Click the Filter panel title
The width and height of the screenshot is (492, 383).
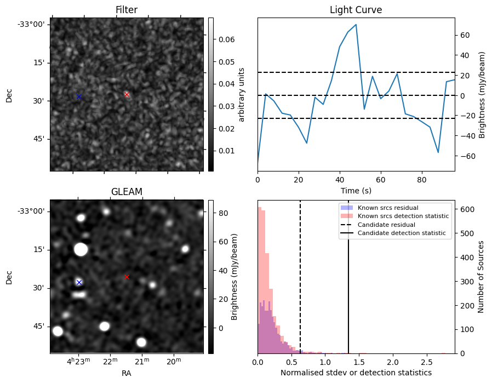[x=127, y=10]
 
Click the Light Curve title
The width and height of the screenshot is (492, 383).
[x=356, y=10]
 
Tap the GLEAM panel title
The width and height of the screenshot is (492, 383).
[x=127, y=191]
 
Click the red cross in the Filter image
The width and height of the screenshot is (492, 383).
[x=127, y=94]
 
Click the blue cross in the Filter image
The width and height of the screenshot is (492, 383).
[x=79, y=96]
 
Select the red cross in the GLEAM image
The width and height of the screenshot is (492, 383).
[x=127, y=277]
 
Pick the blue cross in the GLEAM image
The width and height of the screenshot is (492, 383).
[x=79, y=282]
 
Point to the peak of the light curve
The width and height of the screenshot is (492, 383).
[x=356, y=25]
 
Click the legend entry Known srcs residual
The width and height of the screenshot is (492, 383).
[x=387, y=208]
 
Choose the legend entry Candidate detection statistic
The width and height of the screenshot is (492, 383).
[x=401, y=233]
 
